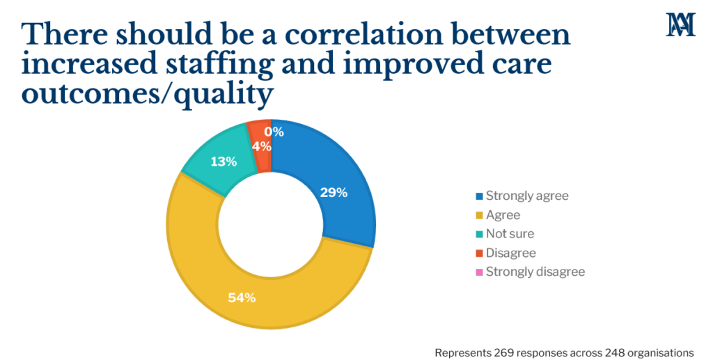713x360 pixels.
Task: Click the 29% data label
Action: pos(333,193)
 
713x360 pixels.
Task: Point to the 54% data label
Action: pos(242,298)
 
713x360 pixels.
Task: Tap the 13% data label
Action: pos(223,162)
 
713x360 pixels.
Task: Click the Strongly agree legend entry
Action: pos(527,196)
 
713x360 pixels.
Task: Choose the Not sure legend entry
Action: pos(510,234)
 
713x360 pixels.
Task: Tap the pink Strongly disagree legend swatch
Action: pos(479,272)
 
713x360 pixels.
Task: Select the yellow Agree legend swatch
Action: pos(479,215)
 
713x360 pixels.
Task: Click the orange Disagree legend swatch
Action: pos(479,253)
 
